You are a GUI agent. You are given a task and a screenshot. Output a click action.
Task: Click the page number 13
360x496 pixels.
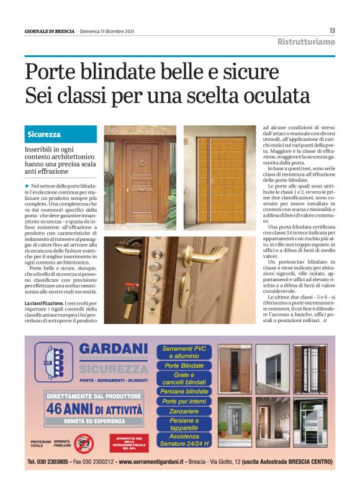point(332,30)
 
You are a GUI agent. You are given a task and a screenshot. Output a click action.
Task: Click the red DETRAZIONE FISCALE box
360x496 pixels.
point(128,443)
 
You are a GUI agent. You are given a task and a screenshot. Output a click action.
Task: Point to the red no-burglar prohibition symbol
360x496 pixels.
point(83,443)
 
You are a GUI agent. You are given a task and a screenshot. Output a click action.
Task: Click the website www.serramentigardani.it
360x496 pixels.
point(158,462)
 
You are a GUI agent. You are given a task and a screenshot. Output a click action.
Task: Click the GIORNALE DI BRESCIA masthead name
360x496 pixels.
point(49,31)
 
